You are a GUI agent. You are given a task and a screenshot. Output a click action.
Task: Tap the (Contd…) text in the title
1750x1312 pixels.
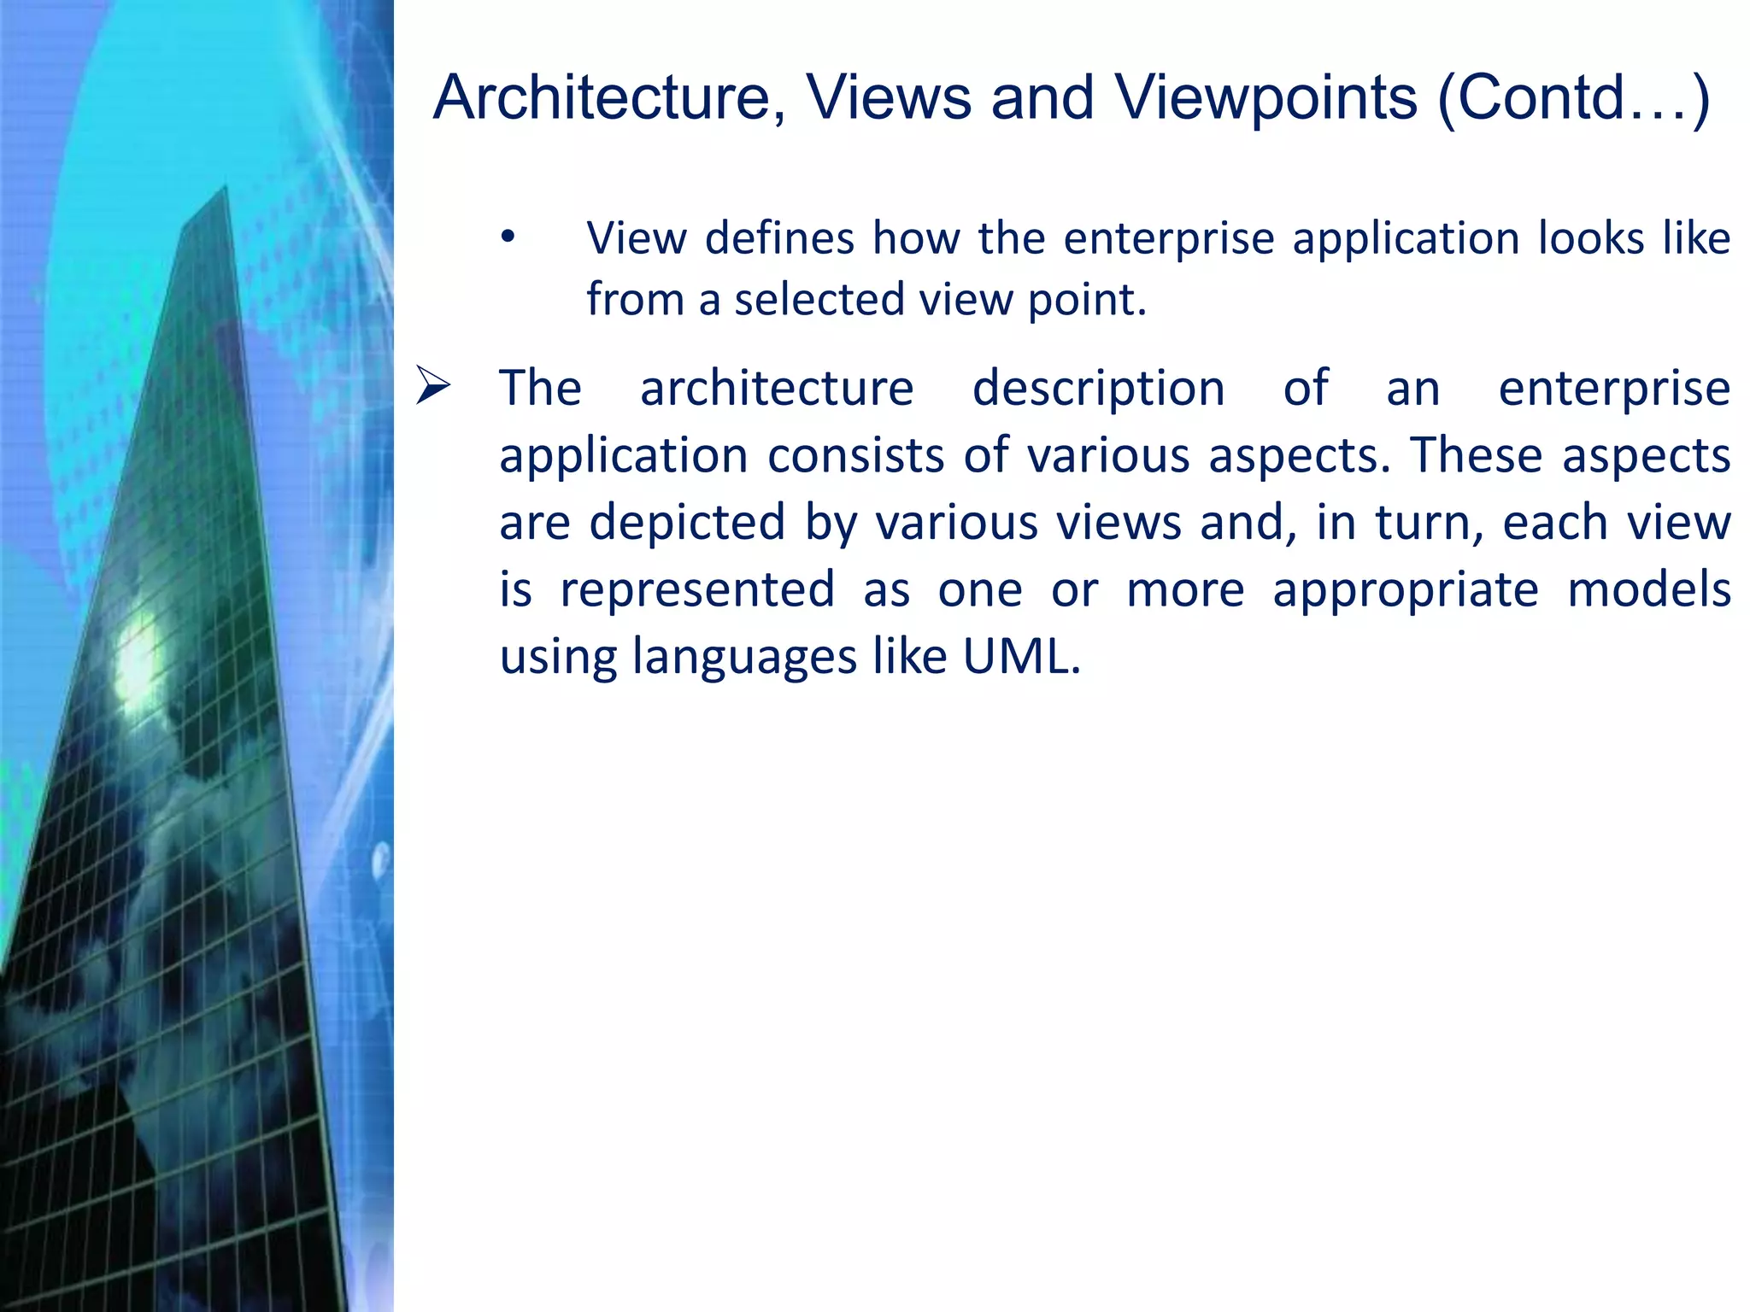(x=1573, y=99)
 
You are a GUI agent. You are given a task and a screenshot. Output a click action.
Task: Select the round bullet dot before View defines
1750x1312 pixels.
(x=508, y=237)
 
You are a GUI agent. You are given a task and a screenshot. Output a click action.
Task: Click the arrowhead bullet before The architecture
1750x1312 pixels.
(x=433, y=385)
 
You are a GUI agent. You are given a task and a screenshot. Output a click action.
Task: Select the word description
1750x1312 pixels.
(x=1099, y=389)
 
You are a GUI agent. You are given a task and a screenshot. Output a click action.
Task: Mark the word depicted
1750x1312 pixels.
(x=687, y=524)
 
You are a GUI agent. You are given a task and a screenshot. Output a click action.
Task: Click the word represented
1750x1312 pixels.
(x=697, y=590)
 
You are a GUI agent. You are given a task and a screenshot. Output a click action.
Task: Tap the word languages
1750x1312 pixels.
(x=744, y=659)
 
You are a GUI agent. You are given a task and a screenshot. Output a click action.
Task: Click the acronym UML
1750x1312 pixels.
(x=1021, y=657)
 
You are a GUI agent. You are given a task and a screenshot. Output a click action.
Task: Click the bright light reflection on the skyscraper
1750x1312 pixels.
(x=137, y=662)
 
